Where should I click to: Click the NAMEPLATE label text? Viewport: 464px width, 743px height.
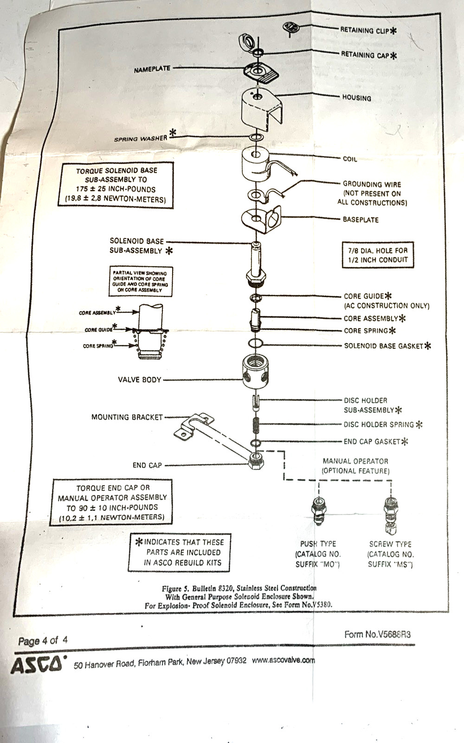click(152, 69)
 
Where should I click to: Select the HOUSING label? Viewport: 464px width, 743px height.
click(357, 98)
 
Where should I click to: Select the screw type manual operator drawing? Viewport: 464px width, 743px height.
click(390, 515)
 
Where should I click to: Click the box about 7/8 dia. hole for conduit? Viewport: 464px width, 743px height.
click(378, 255)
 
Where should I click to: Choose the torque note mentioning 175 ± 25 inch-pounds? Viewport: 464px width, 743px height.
click(116, 185)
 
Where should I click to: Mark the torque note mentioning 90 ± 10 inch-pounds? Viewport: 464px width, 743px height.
click(111, 502)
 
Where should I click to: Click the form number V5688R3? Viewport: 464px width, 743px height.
click(378, 634)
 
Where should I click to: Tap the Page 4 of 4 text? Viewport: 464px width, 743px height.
click(43, 640)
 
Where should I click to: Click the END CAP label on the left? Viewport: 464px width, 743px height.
click(147, 465)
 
